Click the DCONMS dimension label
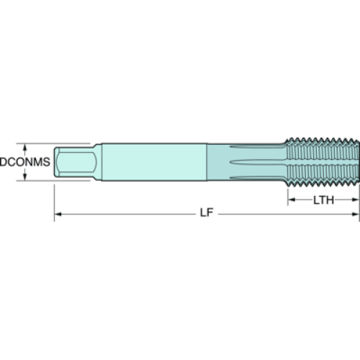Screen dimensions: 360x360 tap(25, 162)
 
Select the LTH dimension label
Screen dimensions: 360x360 tap(323, 200)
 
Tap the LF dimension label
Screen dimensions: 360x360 tap(207, 212)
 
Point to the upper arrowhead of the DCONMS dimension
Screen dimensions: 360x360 tap(24, 147)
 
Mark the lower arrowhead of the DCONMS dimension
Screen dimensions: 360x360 tap(24, 177)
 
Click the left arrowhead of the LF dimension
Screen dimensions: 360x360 tap(58, 214)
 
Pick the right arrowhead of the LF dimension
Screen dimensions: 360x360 tap(356, 214)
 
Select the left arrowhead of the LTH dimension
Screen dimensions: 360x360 tap(292, 199)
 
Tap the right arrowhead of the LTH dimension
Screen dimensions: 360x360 tap(356, 199)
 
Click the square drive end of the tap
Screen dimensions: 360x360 tap(75, 162)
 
